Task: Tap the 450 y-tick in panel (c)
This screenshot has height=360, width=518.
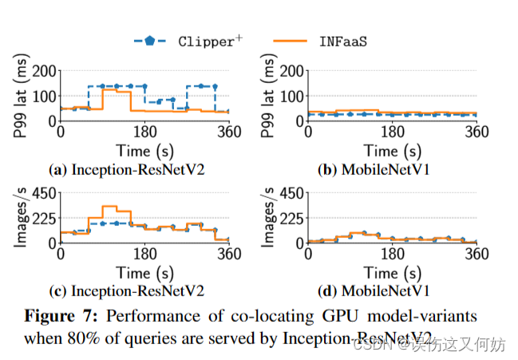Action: coord(42,192)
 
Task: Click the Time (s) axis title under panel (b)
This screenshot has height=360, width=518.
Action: coord(392,150)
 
